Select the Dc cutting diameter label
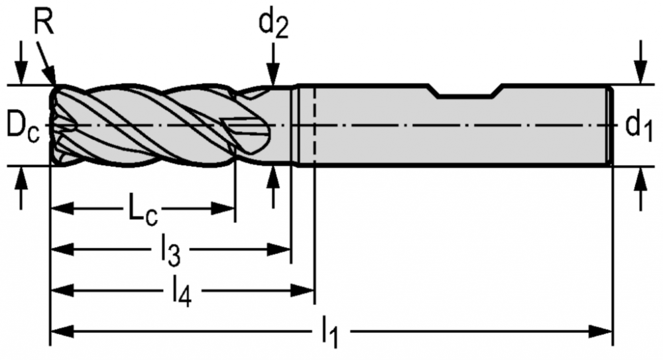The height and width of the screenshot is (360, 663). coord(23,127)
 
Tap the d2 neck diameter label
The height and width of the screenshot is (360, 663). coord(274,25)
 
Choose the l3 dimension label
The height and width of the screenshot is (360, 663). coord(171,252)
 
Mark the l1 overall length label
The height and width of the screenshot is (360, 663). coord(330,333)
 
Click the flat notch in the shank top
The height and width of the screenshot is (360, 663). coord(466,91)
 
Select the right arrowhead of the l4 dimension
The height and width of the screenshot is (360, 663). coord(302,290)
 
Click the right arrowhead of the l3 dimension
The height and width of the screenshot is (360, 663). coord(280,249)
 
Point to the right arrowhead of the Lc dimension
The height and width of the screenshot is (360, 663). coord(223,209)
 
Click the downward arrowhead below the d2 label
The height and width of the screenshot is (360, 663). coord(274,76)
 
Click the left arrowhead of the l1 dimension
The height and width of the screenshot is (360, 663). coord(62,331)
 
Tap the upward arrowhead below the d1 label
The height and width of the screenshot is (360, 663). coord(641,178)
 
